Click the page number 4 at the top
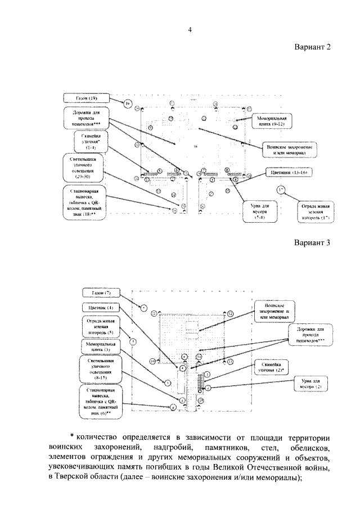pos(190,30)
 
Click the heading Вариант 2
pos(310,48)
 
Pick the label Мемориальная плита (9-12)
pos(273,122)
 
